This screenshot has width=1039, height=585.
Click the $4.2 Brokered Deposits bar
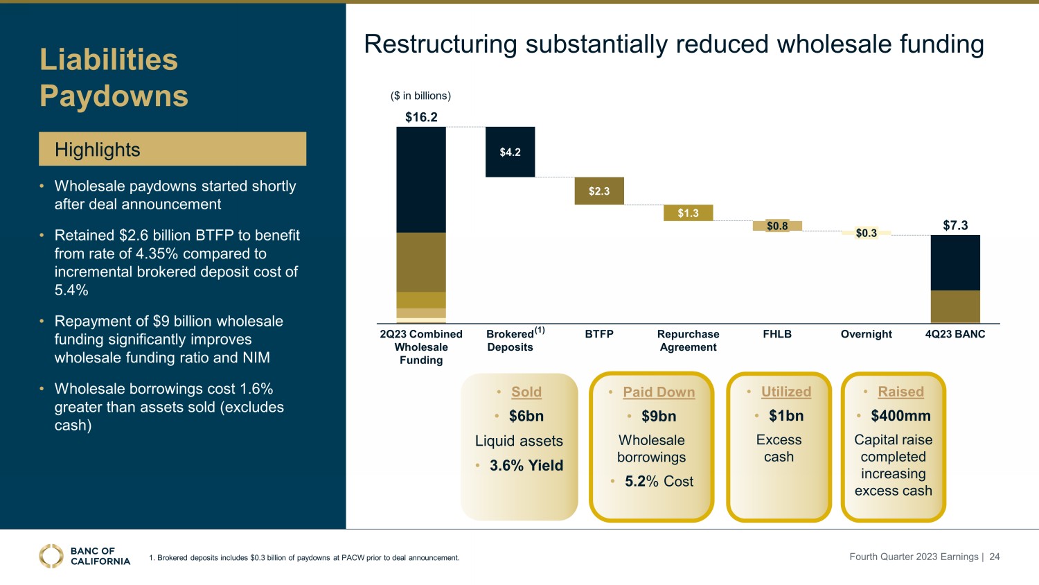pyautogui.click(x=510, y=152)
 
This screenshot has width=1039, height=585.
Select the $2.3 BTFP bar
pyautogui.click(x=599, y=191)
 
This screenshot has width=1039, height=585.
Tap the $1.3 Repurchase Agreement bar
pyautogui.click(x=688, y=213)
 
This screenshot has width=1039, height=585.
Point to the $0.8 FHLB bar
pyautogui.click(x=777, y=226)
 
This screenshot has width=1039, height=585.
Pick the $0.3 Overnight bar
pyautogui.click(x=866, y=233)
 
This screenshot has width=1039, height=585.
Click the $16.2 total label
pyautogui.click(x=421, y=117)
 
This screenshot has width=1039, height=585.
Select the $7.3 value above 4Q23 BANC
pyautogui.click(x=955, y=225)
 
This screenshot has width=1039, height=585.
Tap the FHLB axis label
pyautogui.click(x=777, y=334)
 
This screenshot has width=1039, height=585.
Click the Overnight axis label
pyautogui.click(x=866, y=334)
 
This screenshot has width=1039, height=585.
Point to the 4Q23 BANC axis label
pyautogui.click(x=955, y=334)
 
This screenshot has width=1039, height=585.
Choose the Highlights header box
pyautogui.click(x=172, y=149)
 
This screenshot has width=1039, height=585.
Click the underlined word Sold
pyautogui.click(x=526, y=392)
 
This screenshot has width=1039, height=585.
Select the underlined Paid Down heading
pyautogui.click(x=659, y=392)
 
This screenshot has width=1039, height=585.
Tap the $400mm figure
pyautogui.click(x=900, y=416)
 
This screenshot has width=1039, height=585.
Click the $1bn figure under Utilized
pyautogui.click(x=786, y=416)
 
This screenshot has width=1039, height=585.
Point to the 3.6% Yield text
pyautogui.click(x=526, y=466)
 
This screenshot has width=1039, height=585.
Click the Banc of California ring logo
pyautogui.click(x=51, y=556)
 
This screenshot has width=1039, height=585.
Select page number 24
pyautogui.click(x=995, y=557)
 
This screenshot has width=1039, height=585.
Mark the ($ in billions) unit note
pyautogui.click(x=420, y=96)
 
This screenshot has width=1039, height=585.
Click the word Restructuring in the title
pyautogui.click(x=441, y=44)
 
